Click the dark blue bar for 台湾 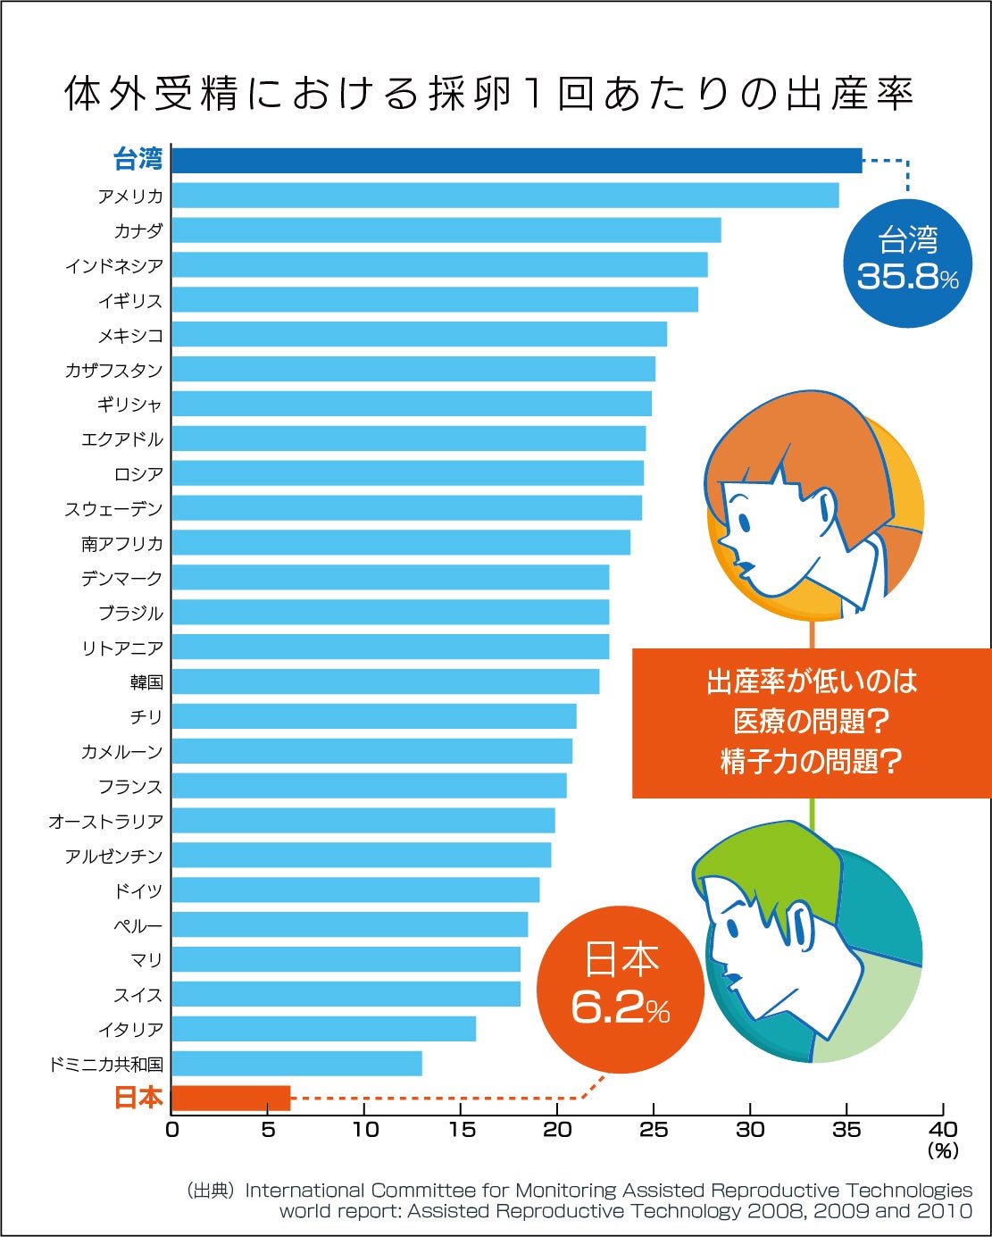(516, 161)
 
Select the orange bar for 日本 (230, 1098)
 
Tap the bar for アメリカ (504, 196)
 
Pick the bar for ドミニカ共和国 (296, 1064)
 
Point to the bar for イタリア (323, 1029)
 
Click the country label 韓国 (146, 683)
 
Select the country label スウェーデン (113, 509)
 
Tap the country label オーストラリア (105, 822)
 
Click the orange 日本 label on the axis (138, 1098)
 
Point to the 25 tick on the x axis (654, 1130)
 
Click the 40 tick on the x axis (943, 1130)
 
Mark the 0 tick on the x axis (172, 1130)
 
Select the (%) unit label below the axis (943, 1151)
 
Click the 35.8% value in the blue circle (907, 277)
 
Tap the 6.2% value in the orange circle (620, 1008)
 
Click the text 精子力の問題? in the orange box (811, 762)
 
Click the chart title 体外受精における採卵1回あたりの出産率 (489, 94)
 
